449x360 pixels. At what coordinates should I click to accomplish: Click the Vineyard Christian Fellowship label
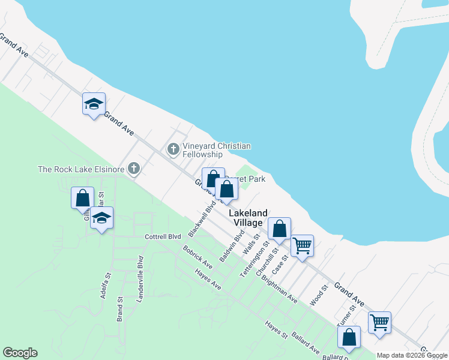pos(216,151)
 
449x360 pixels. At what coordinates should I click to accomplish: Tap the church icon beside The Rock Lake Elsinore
pos(133,170)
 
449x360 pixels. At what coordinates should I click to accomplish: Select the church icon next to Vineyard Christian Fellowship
pos(173,149)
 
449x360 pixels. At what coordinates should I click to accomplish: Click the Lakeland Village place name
pos(246,218)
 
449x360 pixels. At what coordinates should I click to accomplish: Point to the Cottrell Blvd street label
pos(163,237)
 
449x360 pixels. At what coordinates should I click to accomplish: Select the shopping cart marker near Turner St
pos(379,322)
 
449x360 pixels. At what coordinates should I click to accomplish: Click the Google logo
pos(20,353)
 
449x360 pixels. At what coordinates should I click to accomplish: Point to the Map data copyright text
pos(411,355)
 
